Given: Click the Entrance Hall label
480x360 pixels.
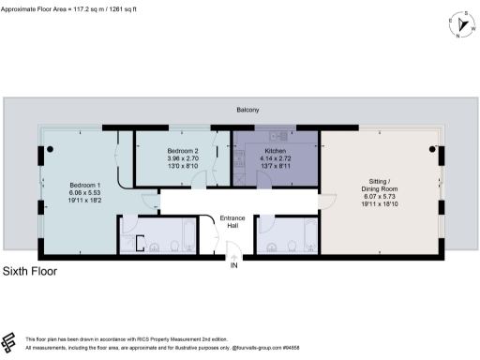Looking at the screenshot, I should click(x=232, y=222).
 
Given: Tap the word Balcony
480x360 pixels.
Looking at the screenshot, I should click(x=247, y=111).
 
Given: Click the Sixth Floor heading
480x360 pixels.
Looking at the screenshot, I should click(x=30, y=272).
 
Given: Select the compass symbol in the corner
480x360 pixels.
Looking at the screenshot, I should click(x=458, y=25).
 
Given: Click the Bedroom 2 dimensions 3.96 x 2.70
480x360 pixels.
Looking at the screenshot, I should click(x=184, y=158).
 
